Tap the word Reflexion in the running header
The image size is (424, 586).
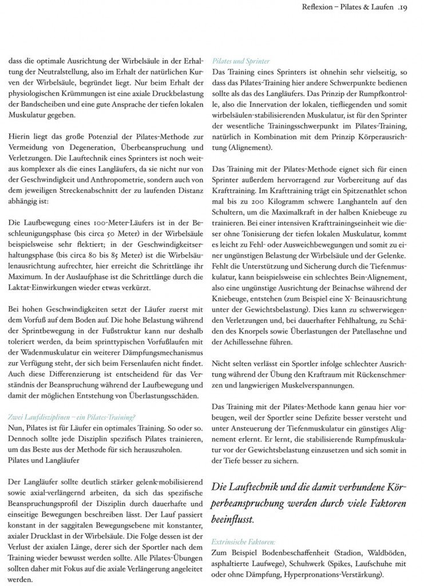pos(318,7)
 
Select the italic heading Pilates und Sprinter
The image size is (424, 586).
pos(241,61)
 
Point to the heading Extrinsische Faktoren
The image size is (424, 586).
pos(243,541)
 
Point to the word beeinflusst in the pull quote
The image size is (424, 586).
pos(233,521)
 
